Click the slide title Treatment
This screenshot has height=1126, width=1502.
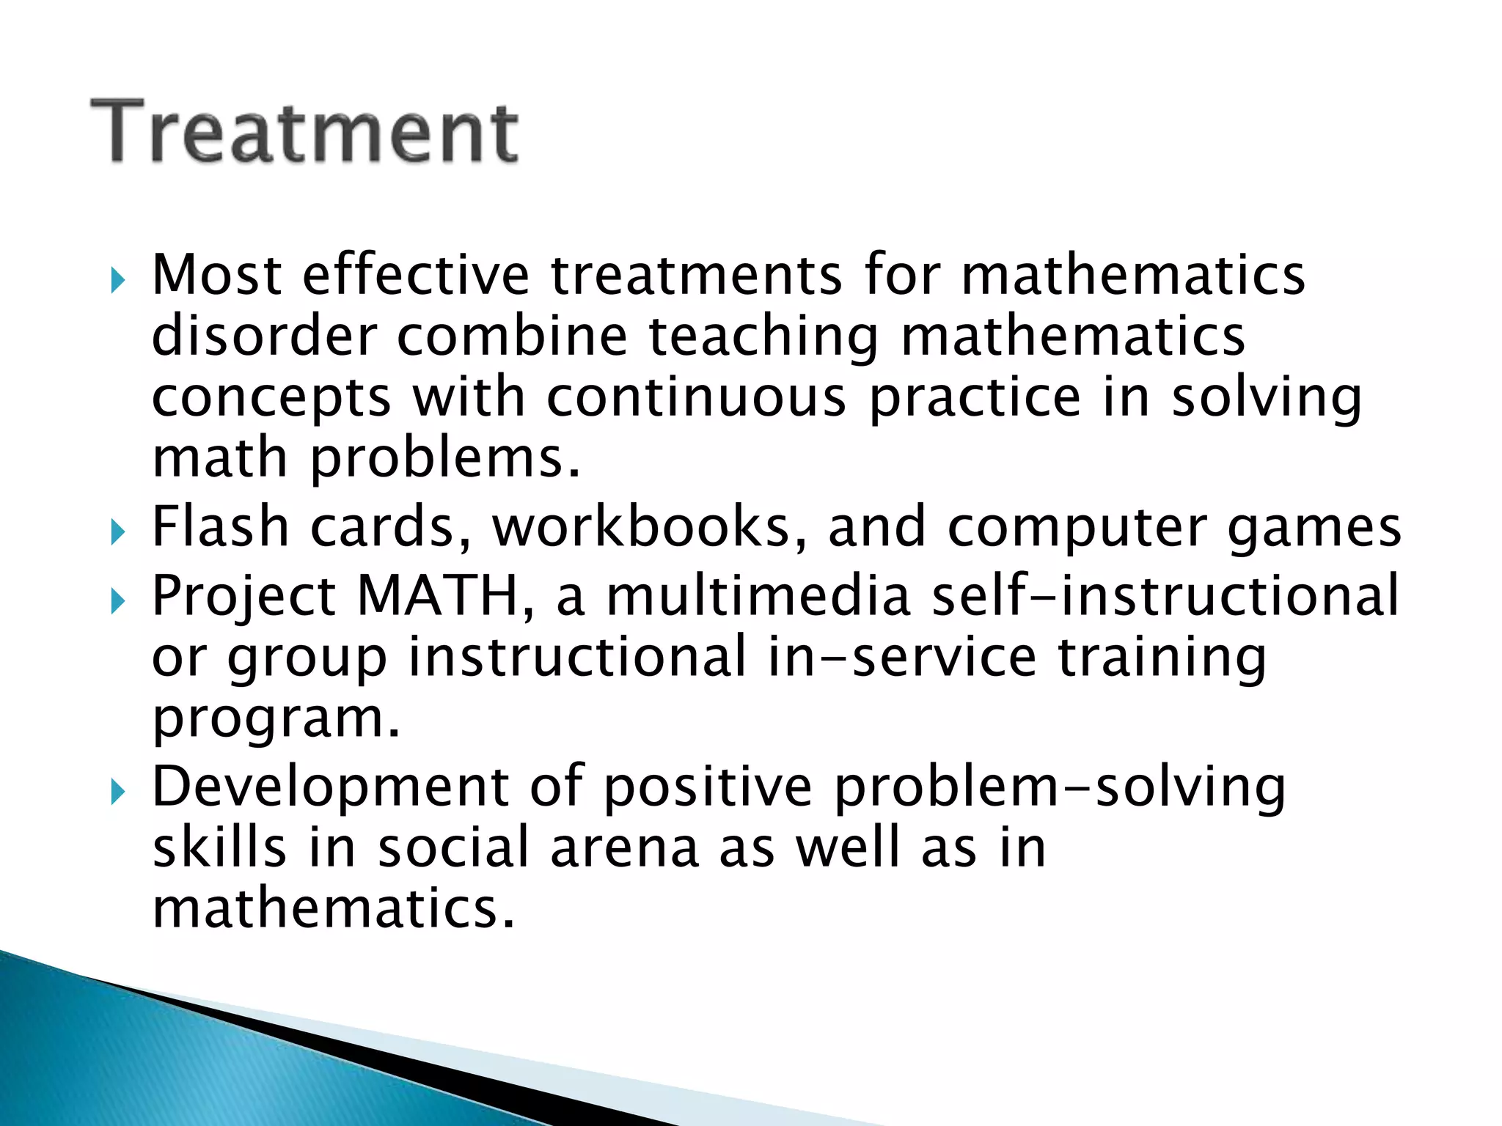tap(304, 132)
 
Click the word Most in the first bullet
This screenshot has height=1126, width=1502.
tap(216, 275)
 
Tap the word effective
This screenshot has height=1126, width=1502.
tap(415, 275)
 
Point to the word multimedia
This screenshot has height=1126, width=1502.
tap(758, 595)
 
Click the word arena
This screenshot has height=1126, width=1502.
tap(624, 847)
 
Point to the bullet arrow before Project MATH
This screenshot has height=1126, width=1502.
tap(118, 602)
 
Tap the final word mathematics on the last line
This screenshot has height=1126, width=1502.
tap(334, 908)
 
